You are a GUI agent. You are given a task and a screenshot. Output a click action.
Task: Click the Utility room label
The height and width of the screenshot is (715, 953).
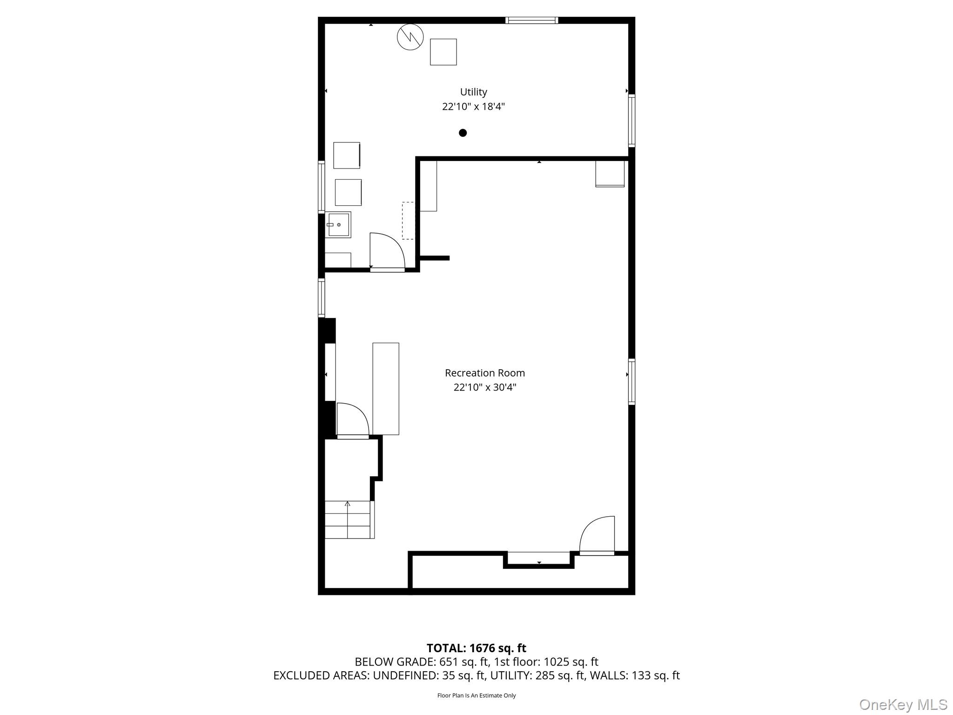(x=473, y=92)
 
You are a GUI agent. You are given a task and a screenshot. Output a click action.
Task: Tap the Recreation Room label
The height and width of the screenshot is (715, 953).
(x=484, y=373)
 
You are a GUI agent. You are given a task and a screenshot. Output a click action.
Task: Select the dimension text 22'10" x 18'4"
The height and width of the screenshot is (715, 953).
(x=473, y=107)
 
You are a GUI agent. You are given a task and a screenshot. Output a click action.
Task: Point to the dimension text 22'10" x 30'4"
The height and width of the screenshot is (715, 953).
(x=484, y=387)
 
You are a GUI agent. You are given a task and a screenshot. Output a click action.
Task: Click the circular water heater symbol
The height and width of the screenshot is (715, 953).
(x=410, y=37)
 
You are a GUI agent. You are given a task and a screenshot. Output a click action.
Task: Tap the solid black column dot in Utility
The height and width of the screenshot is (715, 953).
(x=463, y=133)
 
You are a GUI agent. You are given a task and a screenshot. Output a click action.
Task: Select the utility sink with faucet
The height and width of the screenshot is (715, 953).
(x=338, y=225)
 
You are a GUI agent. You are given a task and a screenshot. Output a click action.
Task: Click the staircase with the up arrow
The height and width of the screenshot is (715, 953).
(x=348, y=519)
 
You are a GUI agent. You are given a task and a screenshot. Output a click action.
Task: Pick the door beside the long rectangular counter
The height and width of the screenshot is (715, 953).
(x=352, y=420)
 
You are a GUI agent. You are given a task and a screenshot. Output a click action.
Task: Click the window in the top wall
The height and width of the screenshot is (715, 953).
(x=531, y=20)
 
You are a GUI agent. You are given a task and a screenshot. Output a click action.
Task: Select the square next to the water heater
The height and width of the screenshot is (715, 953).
(x=443, y=52)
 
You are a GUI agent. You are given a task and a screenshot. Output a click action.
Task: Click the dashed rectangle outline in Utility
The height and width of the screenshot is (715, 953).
(x=408, y=221)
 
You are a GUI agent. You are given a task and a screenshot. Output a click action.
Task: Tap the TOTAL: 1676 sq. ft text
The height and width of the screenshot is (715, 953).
(x=476, y=648)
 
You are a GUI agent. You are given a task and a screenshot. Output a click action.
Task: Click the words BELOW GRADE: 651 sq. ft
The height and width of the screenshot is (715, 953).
(x=422, y=662)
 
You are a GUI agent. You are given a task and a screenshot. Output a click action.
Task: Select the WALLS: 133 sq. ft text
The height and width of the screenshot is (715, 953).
(x=634, y=675)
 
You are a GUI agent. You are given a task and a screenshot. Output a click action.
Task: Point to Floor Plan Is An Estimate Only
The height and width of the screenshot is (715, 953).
(x=476, y=695)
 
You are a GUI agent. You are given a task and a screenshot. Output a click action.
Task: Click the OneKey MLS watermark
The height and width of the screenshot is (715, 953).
(x=903, y=705)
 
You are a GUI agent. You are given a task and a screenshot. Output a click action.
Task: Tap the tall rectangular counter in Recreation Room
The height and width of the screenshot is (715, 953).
(x=386, y=389)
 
